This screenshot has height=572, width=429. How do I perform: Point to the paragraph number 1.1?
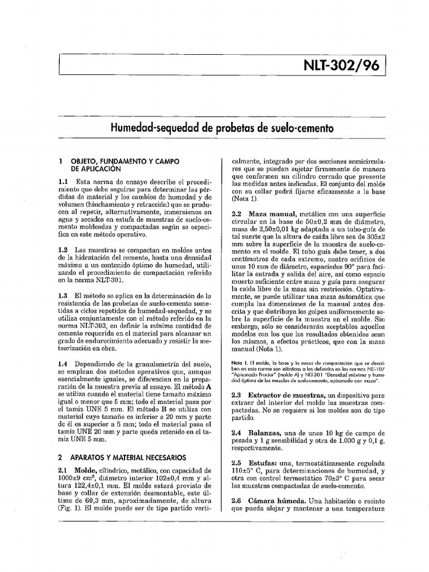click(63, 182)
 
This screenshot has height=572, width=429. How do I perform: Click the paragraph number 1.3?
click(63, 295)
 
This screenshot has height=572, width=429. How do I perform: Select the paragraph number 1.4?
click(63, 364)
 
